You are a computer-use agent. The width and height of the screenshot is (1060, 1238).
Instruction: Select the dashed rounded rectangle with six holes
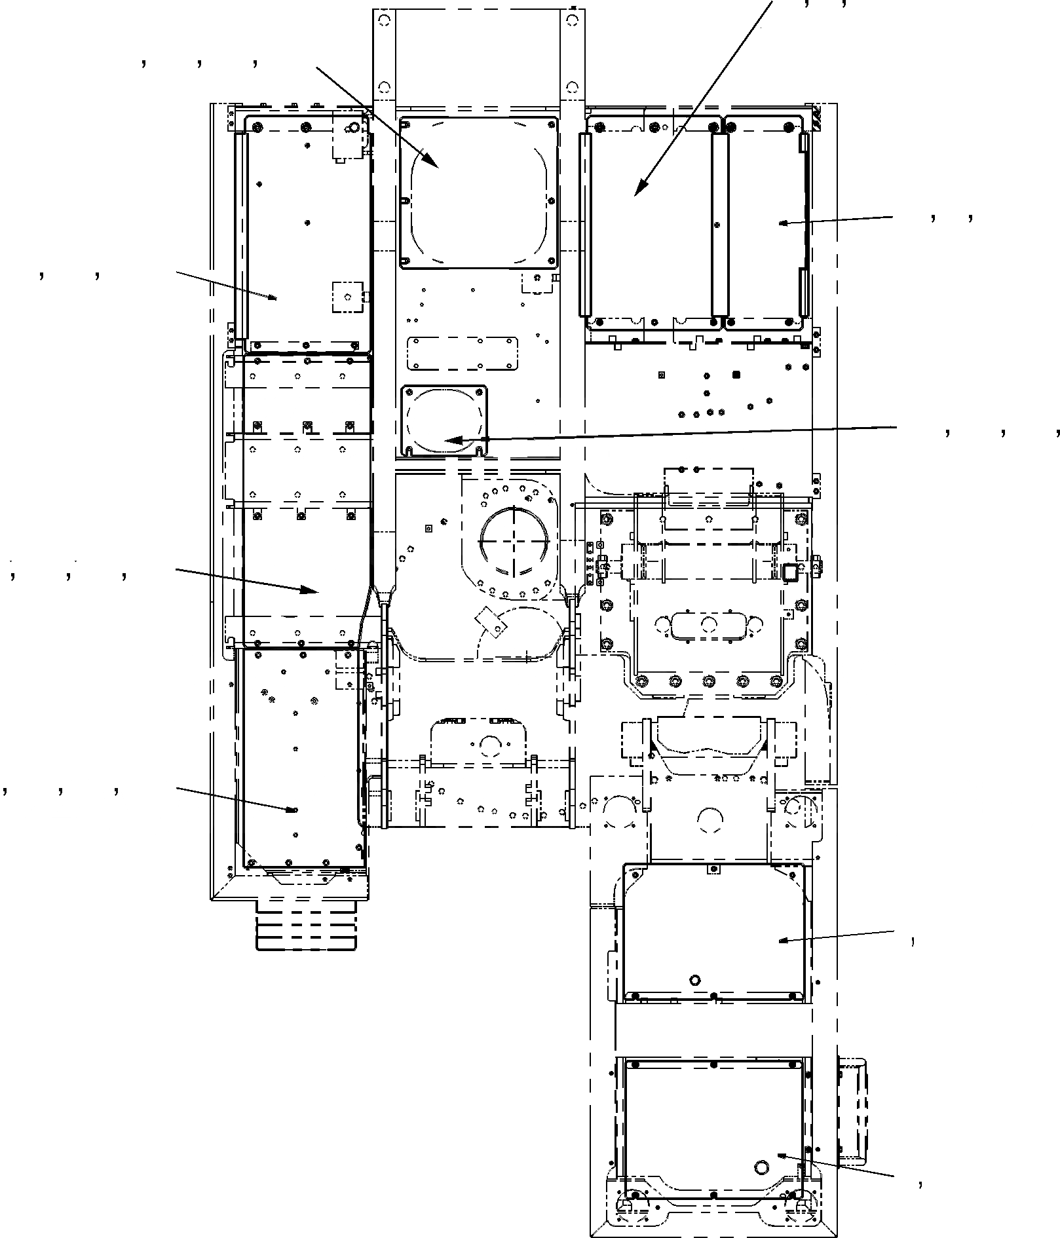[462, 354]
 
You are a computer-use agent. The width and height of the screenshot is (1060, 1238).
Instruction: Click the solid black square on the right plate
[735, 375]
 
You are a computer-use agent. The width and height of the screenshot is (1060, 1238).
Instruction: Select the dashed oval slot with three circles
[708, 625]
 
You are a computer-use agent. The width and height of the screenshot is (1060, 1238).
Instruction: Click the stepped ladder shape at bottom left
[306, 925]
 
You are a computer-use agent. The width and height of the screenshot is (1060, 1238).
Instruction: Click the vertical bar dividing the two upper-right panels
[719, 224]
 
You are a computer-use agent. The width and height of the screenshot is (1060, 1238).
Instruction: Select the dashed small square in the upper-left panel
[347, 297]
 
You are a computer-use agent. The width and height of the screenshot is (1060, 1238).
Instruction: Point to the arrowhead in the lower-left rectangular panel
[292, 810]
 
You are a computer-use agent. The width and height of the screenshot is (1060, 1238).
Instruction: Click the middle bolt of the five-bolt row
[708, 681]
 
